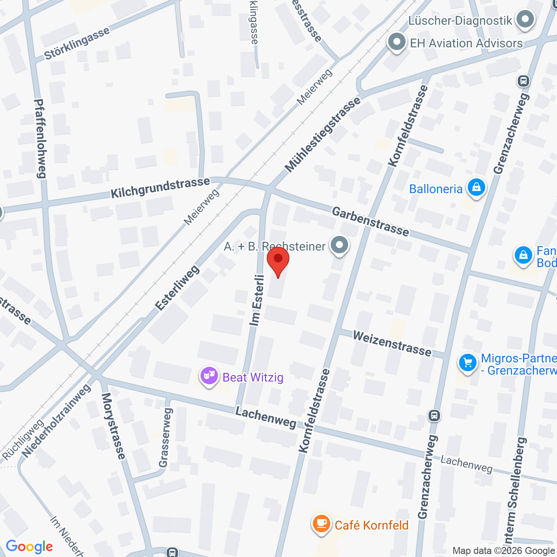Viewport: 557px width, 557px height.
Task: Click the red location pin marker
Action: (x=278, y=260)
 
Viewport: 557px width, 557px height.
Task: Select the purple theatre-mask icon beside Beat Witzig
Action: (x=209, y=376)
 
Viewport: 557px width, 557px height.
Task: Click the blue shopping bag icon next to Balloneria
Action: (x=476, y=188)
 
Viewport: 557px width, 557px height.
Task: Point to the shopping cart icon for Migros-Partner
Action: (x=468, y=363)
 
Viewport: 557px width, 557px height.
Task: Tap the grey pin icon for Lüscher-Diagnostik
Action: (x=525, y=20)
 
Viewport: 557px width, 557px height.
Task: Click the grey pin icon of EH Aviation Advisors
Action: (x=396, y=43)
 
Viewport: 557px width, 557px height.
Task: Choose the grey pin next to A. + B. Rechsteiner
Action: (x=339, y=245)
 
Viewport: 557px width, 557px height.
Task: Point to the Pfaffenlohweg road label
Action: (x=40, y=139)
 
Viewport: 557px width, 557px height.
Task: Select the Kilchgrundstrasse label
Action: (x=160, y=188)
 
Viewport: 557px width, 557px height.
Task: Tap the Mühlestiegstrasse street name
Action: (x=322, y=134)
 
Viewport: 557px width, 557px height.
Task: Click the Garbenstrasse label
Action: (x=370, y=221)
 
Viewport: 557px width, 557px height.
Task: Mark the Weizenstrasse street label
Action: (x=392, y=344)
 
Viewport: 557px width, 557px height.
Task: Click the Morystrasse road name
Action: (x=114, y=426)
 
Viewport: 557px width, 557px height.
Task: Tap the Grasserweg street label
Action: (x=165, y=437)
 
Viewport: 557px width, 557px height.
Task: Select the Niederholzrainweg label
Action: (x=57, y=421)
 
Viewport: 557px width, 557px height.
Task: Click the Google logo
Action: (x=29, y=547)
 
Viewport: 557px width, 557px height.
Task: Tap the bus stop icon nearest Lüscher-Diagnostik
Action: (x=523, y=81)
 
